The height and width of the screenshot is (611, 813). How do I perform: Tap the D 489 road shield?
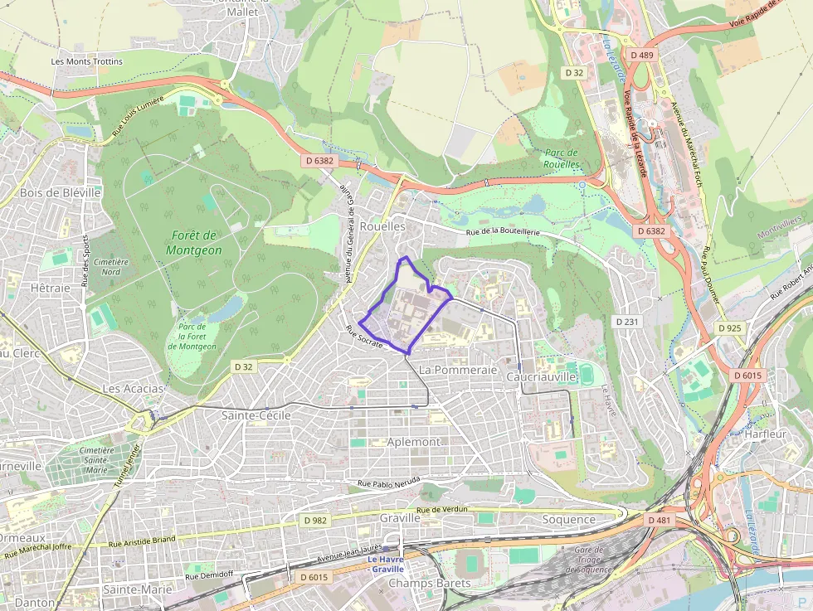[641, 55]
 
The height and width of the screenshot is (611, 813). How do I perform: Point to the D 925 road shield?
[729, 328]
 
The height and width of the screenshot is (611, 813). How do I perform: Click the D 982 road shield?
[315, 520]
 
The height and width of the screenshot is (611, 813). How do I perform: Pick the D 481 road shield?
[658, 520]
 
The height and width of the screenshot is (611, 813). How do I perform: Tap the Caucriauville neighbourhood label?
[541, 376]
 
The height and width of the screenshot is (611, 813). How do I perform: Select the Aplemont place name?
[413, 442]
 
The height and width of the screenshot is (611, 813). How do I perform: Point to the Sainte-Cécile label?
[256, 415]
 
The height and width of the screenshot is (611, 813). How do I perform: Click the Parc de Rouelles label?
[562, 158]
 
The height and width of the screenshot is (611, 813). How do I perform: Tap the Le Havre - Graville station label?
[387, 564]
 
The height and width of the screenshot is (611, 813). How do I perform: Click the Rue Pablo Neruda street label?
[388, 482]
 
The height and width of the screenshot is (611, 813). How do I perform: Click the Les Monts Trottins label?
[86, 61]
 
